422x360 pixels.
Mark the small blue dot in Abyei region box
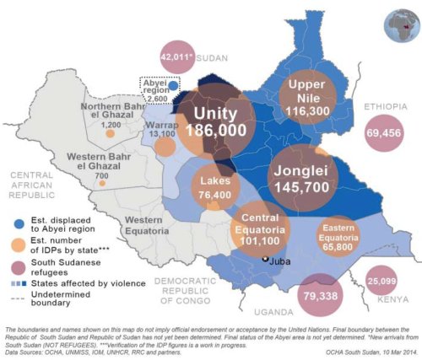(173, 85)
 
